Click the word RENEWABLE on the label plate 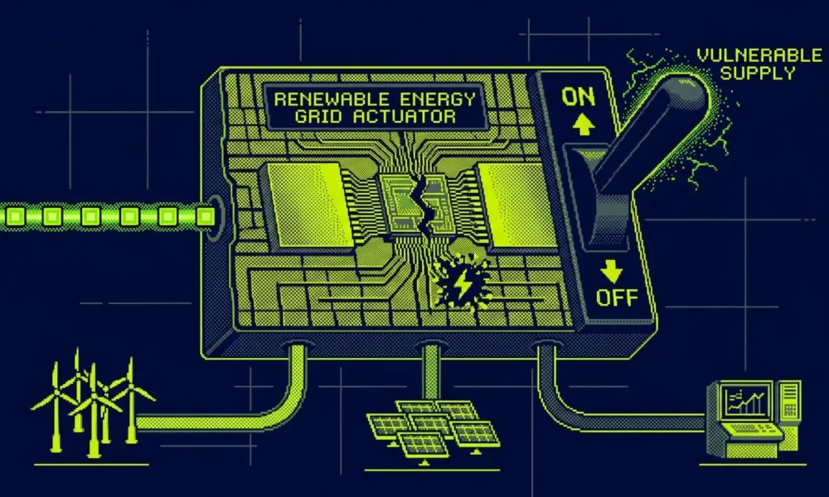click(x=332, y=99)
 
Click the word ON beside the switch click(x=578, y=97)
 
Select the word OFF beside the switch click(x=617, y=298)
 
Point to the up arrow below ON click(x=583, y=125)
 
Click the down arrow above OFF click(x=612, y=271)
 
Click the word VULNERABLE click(x=759, y=55)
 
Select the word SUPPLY click(x=758, y=73)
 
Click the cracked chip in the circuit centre click(x=419, y=203)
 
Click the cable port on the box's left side click(x=215, y=216)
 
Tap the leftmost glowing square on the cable click(x=15, y=216)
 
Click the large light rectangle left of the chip click(x=310, y=205)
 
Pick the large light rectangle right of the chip click(x=518, y=205)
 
